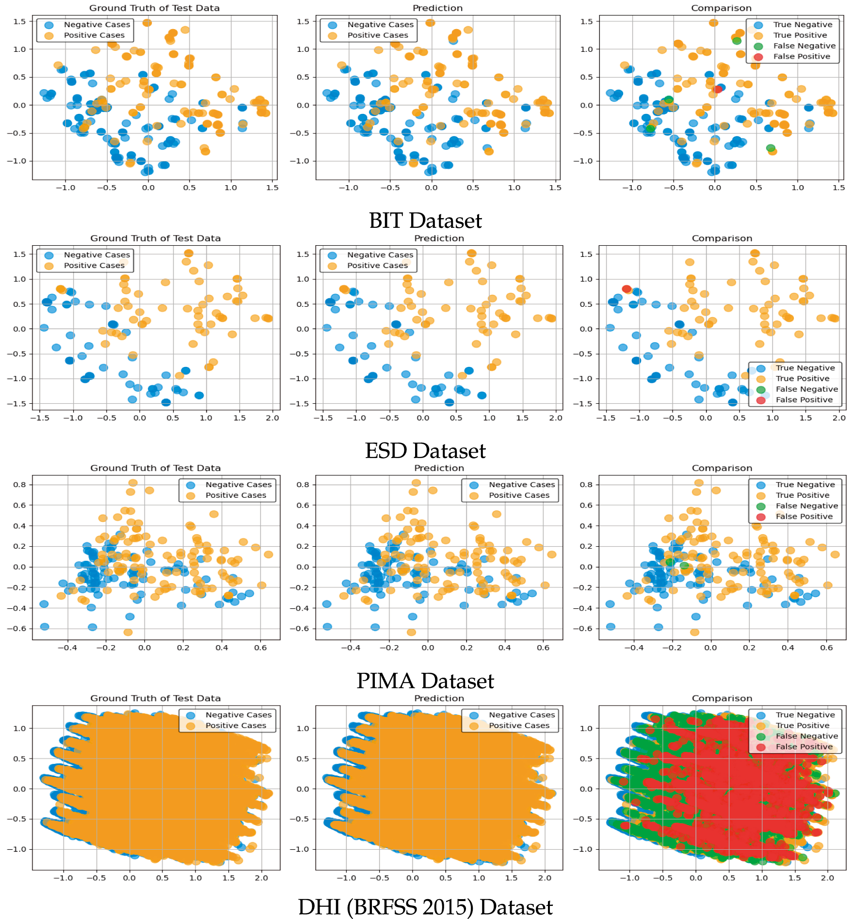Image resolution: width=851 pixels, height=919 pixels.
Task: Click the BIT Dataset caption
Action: click(425, 221)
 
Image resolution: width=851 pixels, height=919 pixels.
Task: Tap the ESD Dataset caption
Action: click(425, 451)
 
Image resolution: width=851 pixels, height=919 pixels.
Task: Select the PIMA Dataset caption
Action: click(425, 681)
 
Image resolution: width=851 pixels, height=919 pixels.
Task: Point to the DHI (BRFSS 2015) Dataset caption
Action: click(425, 907)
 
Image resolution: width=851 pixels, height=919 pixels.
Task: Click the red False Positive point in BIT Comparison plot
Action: click(718, 89)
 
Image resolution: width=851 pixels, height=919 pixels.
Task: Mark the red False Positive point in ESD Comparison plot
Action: click(626, 289)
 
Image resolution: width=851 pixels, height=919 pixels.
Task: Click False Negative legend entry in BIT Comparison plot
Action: click(804, 46)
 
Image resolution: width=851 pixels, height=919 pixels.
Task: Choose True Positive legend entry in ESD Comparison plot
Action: click(802, 379)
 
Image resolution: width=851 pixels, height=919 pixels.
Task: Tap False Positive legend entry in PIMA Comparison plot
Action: click(803, 517)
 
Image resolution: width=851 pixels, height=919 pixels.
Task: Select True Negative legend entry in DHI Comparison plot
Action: click(805, 715)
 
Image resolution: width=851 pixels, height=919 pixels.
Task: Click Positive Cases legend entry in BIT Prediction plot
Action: click(377, 35)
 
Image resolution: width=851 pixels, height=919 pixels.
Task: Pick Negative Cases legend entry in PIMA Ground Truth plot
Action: click(238, 485)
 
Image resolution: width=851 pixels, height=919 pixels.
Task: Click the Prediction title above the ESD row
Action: click(439, 238)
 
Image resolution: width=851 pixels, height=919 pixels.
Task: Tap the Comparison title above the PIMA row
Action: click(722, 468)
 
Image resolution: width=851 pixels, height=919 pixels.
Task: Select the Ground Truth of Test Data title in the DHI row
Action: click(155, 698)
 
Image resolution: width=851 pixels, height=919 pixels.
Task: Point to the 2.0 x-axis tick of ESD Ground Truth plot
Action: click(273, 418)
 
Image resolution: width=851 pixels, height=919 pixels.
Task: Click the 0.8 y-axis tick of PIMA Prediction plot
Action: click(303, 485)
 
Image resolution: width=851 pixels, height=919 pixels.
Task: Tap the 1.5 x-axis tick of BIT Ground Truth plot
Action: click(272, 188)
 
